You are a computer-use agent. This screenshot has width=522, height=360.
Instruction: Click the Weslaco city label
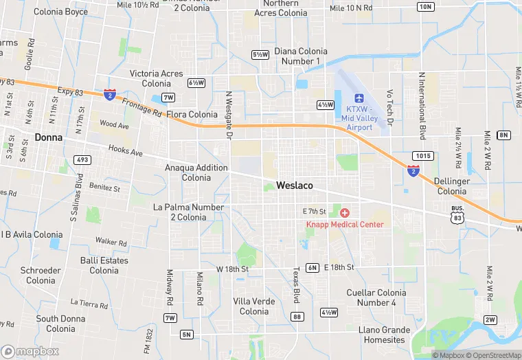(x=295, y=185)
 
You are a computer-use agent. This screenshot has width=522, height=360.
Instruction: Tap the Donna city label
(x=49, y=137)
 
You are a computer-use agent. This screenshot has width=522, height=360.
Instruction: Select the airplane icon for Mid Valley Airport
(x=359, y=98)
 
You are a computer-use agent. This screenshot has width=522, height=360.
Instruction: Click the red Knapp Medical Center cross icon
(x=345, y=214)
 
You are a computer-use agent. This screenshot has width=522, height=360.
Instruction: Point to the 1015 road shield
(x=424, y=156)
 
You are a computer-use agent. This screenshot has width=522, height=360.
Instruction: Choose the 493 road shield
(x=82, y=160)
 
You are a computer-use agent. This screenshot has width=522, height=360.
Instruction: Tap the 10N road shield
(x=426, y=7)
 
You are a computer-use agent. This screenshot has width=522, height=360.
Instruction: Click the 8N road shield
(x=504, y=135)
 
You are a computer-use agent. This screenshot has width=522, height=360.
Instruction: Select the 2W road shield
(x=490, y=319)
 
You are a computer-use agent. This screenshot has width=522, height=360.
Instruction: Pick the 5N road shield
(x=186, y=335)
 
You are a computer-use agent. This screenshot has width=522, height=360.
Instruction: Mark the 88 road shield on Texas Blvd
(x=297, y=317)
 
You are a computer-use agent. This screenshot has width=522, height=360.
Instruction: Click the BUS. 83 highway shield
(x=457, y=213)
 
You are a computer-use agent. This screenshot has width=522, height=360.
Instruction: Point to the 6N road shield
(x=313, y=267)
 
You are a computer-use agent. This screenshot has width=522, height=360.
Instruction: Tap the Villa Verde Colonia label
(x=254, y=306)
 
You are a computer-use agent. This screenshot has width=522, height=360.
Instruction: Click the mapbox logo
(x=30, y=351)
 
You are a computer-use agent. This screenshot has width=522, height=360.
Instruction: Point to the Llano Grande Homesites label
(x=382, y=335)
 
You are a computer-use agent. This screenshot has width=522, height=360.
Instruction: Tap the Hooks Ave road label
(x=124, y=151)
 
